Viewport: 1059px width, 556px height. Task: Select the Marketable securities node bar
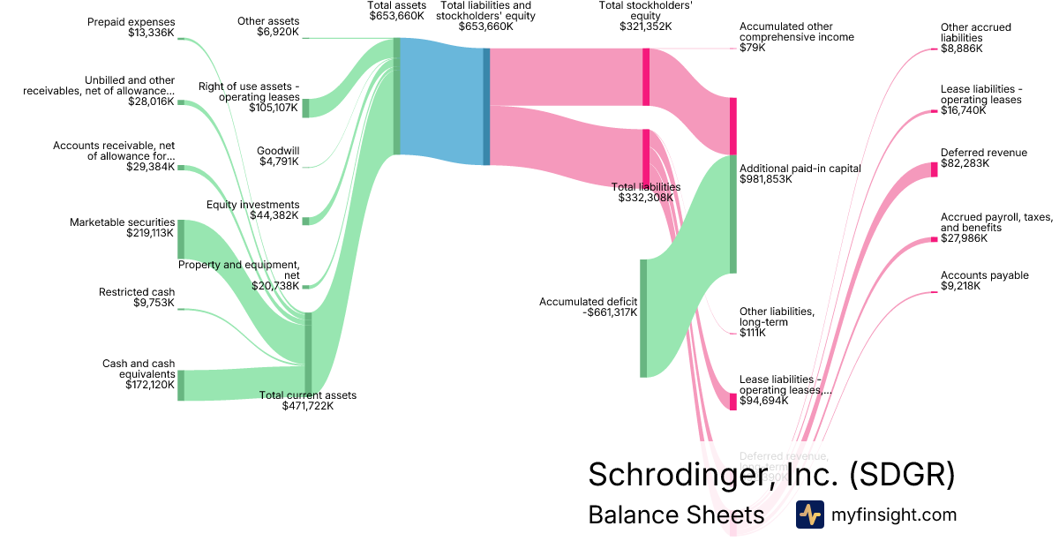[181, 239]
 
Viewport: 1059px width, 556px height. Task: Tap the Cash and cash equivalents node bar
[181, 385]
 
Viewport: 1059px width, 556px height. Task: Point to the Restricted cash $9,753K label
[137, 297]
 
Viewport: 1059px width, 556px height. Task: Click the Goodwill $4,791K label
[278, 156]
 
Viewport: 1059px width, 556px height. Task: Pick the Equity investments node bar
[306, 220]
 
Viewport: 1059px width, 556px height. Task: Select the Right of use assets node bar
[306, 108]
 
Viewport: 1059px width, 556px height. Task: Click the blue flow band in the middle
[441, 101]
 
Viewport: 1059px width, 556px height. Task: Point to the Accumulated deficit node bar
[643, 318]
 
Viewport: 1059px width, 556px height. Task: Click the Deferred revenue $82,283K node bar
[934, 169]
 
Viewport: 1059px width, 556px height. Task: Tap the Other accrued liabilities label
[975, 38]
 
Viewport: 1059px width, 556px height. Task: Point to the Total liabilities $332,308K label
[646, 192]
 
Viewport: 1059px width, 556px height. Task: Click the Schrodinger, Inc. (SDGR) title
[771, 474]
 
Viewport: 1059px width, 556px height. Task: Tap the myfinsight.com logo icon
[809, 515]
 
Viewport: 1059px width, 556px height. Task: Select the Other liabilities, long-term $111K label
[776, 322]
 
